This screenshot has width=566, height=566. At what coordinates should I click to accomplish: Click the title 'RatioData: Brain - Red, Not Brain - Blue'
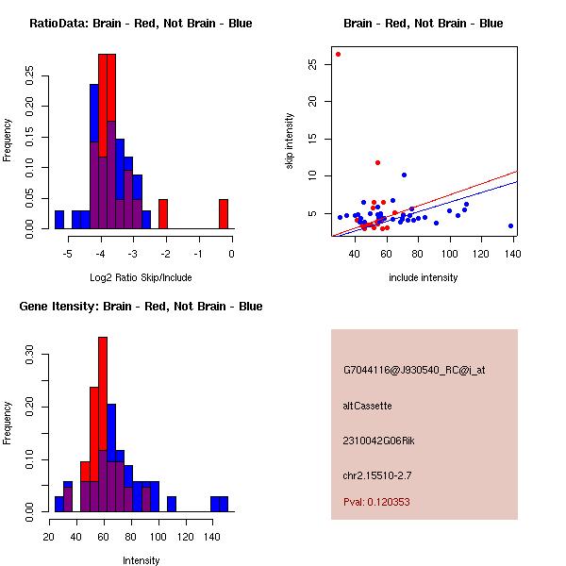click(x=141, y=24)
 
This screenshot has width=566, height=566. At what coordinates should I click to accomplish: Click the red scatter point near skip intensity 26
click(x=338, y=54)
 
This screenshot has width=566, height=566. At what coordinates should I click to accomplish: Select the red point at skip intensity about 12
click(x=377, y=162)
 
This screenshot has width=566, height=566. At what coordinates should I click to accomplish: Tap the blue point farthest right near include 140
click(x=510, y=226)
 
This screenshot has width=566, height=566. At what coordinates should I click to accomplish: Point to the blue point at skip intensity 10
click(x=404, y=175)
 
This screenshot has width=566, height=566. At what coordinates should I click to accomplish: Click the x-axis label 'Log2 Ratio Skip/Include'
click(x=141, y=278)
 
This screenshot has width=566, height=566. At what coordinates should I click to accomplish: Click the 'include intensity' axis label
click(x=423, y=278)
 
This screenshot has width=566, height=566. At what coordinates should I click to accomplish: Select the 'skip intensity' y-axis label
click(x=291, y=141)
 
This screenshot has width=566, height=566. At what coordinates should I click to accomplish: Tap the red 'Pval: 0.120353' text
click(x=376, y=502)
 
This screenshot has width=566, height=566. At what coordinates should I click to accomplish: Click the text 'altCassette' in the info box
click(x=367, y=406)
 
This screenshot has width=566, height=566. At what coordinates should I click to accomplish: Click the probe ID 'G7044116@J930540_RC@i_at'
click(x=413, y=371)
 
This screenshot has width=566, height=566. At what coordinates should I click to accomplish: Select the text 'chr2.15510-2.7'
click(x=377, y=474)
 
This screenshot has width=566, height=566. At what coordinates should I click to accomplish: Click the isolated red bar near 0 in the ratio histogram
click(x=224, y=214)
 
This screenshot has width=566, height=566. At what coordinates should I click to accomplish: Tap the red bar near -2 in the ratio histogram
click(x=163, y=214)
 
